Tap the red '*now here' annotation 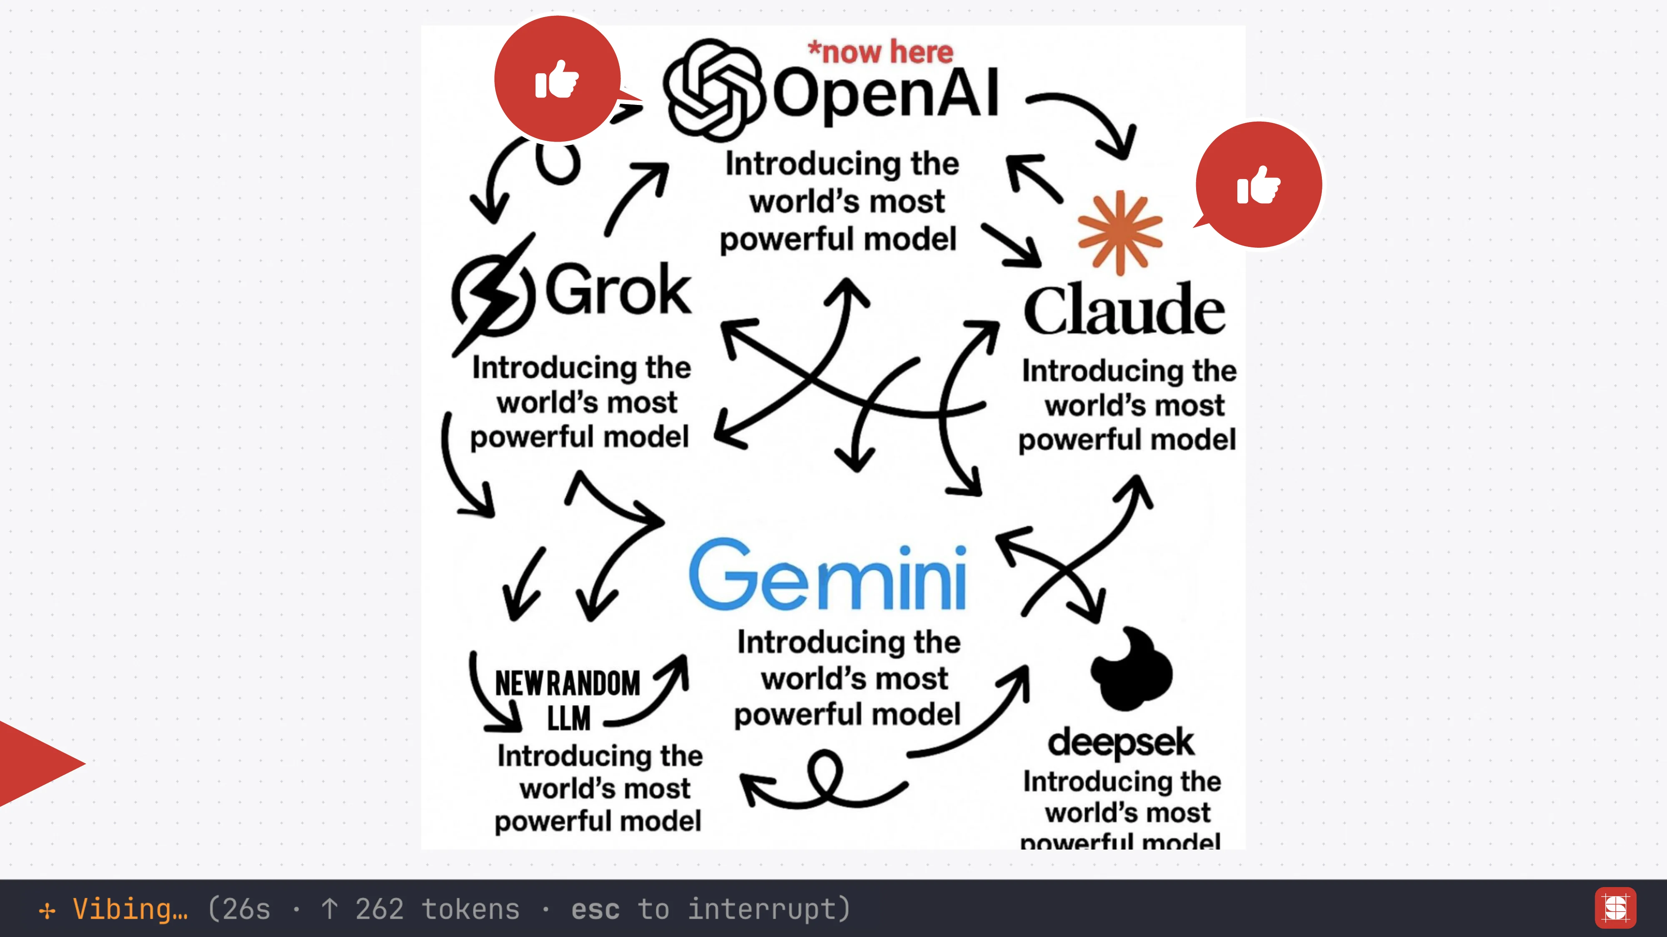tap(881, 52)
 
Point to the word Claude tap(1124, 310)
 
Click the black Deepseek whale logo tap(1131, 669)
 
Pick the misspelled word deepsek tap(1120, 743)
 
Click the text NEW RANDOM tap(568, 683)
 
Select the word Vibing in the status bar tap(130, 909)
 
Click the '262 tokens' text tap(438, 909)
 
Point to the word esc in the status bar tap(596, 909)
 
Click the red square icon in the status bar tap(1615, 907)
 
